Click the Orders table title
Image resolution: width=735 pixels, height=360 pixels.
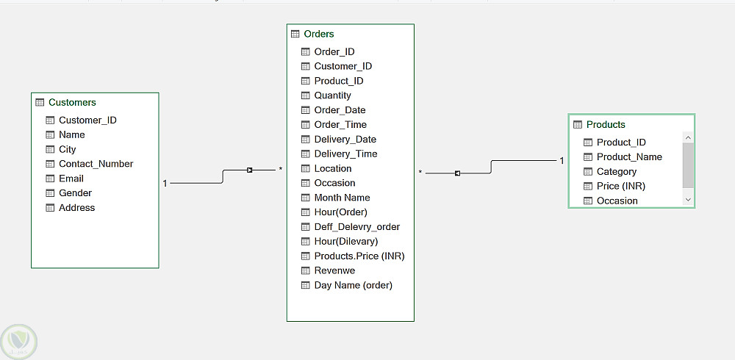(x=319, y=34)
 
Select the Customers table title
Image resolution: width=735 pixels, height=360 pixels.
(x=72, y=102)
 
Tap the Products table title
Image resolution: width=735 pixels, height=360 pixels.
(x=606, y=124)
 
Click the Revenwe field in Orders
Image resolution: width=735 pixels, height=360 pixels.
(x=334, y=270)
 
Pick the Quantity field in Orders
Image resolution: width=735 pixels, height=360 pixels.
(x=332, y=96)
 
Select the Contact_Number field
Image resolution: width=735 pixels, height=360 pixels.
(x=96, y=164)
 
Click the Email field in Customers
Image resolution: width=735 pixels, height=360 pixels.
(x=71, y=178)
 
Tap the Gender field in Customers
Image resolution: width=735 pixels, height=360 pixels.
(x=75, y=192)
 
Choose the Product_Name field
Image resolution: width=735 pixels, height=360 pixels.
(x=629, y=156)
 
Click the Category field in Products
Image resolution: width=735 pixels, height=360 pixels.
(x=617, y=172)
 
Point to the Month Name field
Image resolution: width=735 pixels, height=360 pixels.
(x=343, y=198)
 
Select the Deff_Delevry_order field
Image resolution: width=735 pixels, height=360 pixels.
(x=356, y=227)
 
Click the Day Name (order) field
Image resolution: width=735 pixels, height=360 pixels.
(x=353, y=285)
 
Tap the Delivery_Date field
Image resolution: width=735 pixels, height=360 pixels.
(x=345, y=139)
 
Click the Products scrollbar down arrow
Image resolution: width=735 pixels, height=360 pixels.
(x=688, y=199)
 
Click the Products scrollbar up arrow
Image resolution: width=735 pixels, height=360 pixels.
(x=688, y=138)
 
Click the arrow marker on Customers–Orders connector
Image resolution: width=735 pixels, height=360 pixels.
(x=249, y=170)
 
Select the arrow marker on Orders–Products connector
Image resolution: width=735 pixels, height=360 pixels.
(x=457, y=173)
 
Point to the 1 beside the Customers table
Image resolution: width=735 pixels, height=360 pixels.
(x=165, y=183)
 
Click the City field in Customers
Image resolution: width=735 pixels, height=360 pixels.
(x=67, y=149)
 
